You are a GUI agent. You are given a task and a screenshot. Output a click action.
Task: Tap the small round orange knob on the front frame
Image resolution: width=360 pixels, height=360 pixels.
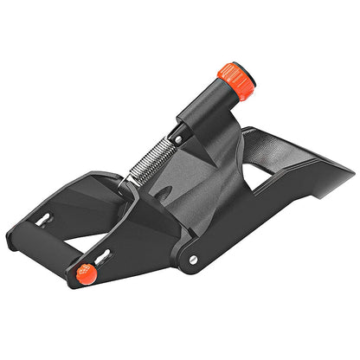coord(84,274)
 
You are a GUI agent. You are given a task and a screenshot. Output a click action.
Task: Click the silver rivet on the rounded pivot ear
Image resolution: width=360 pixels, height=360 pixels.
coord(192,258)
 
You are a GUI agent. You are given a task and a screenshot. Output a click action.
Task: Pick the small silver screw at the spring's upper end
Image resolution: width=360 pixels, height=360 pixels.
coord(178,137)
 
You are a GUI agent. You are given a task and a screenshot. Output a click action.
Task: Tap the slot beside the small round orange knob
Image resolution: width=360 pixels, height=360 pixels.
coord(101,257)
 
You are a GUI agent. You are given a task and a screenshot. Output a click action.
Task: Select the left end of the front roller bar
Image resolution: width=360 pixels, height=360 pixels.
coord(12,239)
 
